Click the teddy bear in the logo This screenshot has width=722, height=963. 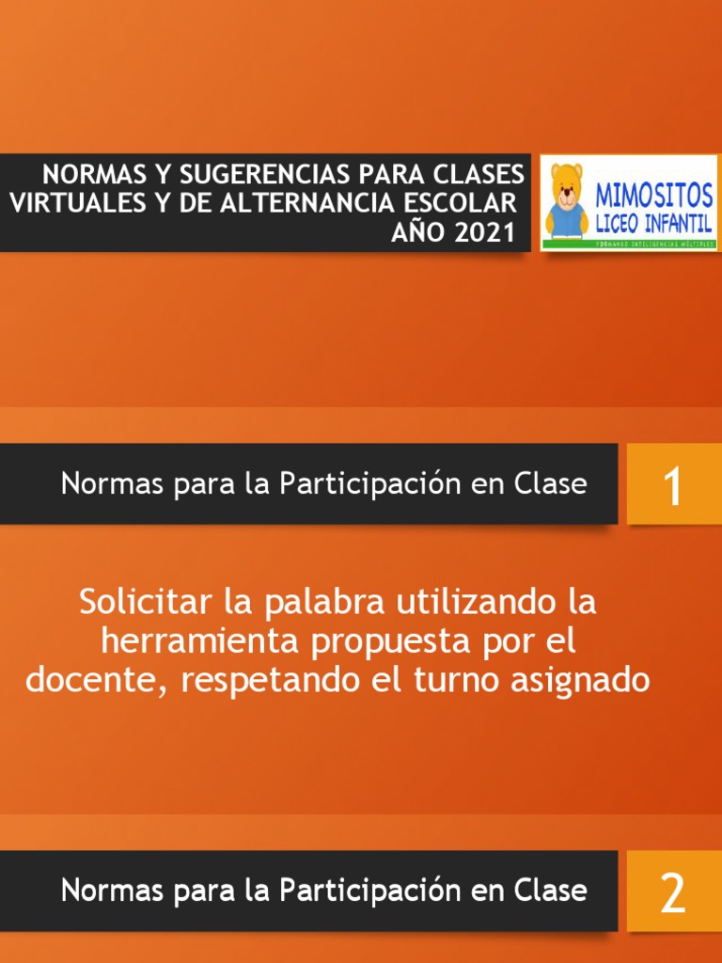(x=566, y=200)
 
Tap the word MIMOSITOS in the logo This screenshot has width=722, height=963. (x=654, y=197)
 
